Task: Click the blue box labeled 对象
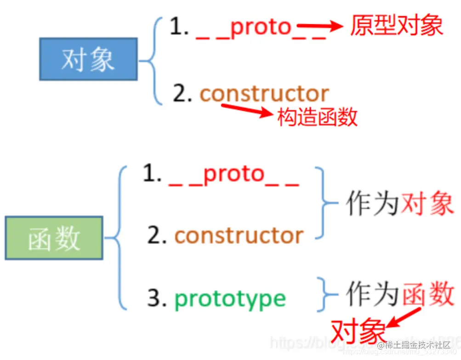[88, 59]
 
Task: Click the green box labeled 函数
[54, 238]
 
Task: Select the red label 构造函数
[318, 118]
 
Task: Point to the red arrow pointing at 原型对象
[320, 27]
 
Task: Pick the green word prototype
[230, 298]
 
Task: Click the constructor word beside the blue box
[264, 94]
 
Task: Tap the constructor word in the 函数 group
[239, 236]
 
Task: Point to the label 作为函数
[400, 294]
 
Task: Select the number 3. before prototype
[157, 298]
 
